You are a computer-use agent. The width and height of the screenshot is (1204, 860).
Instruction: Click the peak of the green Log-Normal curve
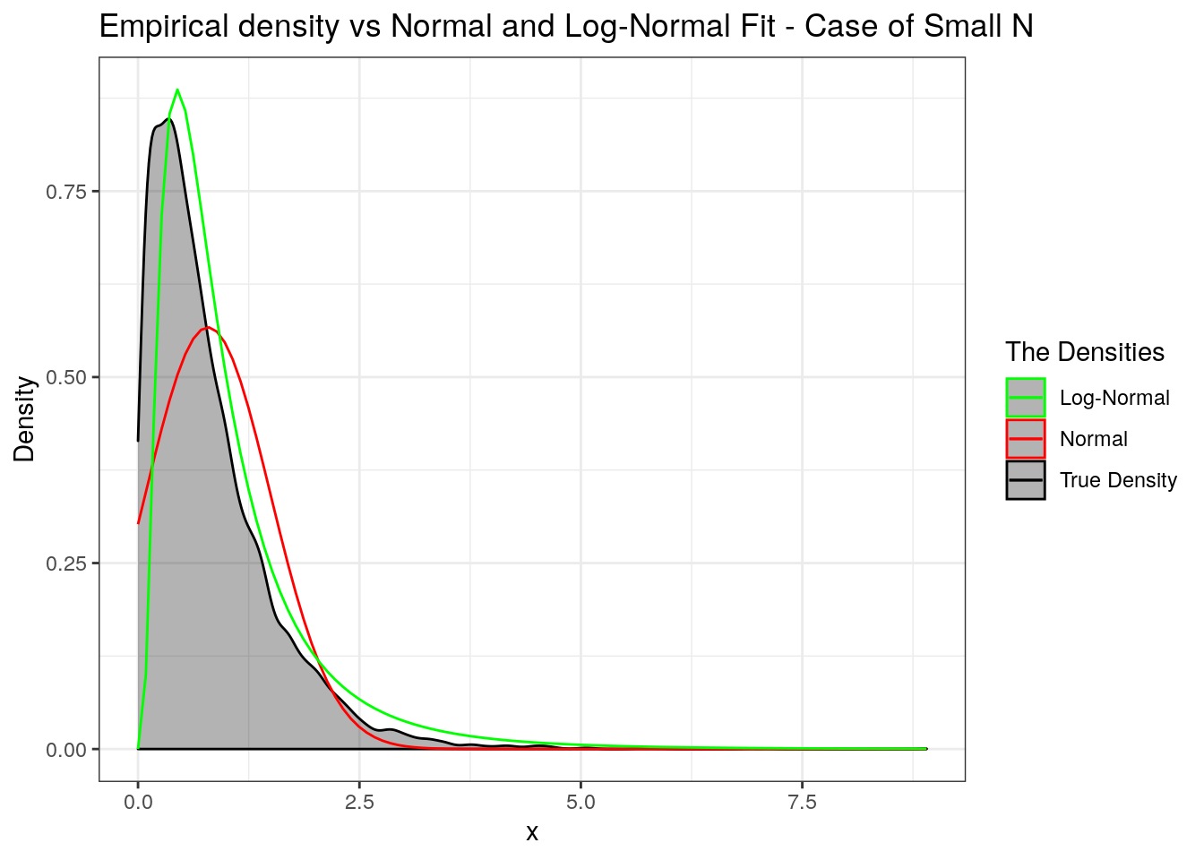[x=177, y=90]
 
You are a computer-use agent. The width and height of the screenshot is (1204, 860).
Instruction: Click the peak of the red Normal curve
[x=208, y=327]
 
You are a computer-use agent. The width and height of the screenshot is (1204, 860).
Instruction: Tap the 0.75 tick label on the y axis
[x=66, y=192]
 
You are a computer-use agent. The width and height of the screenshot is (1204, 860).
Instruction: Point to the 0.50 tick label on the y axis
[x=66, y=377]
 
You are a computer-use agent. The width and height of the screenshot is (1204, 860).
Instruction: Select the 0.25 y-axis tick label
[x=66, y=563]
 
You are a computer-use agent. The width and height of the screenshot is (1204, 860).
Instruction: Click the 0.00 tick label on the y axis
[x=66, y=749]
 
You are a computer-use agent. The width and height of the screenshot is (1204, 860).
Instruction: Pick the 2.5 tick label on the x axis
[x=359, y=802]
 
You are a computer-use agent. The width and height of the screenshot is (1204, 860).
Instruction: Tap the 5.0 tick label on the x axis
[x=580, y=802]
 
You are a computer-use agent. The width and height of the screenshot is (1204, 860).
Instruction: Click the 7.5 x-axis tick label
[x=802, y=802]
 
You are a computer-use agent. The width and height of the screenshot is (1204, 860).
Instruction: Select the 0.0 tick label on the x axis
[x=138, y=802]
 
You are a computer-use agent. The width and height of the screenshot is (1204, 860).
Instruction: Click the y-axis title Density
[x=25, y=419]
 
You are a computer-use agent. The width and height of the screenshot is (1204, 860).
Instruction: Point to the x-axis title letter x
[x=532, y=833]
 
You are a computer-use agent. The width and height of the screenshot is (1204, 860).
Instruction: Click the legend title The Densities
[x=1084, y=352]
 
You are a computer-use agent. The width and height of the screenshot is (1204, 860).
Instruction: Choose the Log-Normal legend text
[x=1114, y=398]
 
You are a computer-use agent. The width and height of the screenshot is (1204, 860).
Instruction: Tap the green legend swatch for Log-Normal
[x=1026, y=398]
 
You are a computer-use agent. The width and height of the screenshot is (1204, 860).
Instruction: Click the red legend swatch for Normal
[x=1026, y=439]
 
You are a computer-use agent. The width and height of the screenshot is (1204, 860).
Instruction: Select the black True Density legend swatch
[x=1026, y=480]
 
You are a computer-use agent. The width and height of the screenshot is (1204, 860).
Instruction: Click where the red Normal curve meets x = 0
[x=138, y=523]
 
